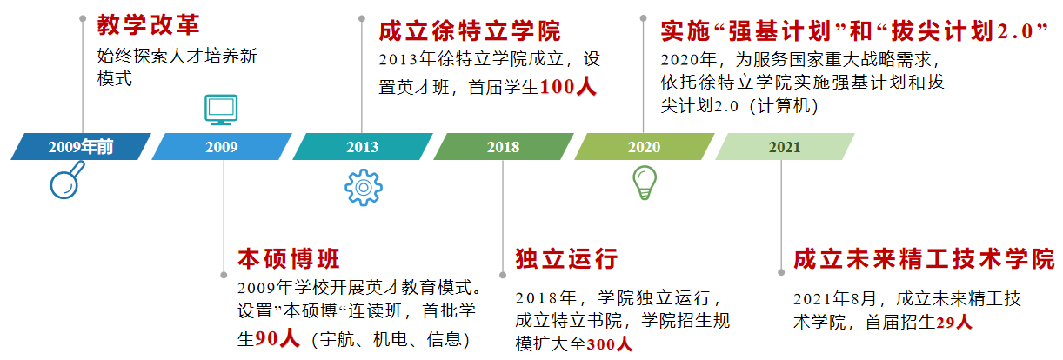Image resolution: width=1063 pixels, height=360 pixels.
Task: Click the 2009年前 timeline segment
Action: [x=81, y=147]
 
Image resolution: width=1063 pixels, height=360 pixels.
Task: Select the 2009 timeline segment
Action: [x=222, y=147]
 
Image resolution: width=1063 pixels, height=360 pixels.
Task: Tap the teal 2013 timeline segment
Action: [x=363, y=147]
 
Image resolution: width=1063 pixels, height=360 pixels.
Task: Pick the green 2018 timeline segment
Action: [x=503, y=147]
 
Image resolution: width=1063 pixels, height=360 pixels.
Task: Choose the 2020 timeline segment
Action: [x=644, y=147]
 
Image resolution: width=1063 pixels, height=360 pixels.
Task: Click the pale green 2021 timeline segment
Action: [x=785, y=147]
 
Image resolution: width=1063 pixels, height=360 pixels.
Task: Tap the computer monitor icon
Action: [x=221, y=109]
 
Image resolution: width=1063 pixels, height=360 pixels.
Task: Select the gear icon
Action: [x=362, y=187]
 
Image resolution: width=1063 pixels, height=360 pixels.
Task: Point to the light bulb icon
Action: [x=645, y=182]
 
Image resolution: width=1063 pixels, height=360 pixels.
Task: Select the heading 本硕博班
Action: [x=289, y=259]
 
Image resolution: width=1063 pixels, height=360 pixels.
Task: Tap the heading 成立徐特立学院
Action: [x=470, y=31]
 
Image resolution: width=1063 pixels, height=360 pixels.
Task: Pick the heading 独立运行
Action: [x=566, y=259]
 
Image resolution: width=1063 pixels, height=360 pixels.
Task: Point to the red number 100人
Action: [x=569, y=87]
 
